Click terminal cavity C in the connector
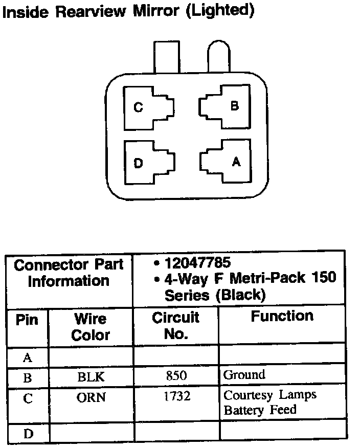click(x=149, y=108)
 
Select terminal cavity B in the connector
click(x=223, y=107)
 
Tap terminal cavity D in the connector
click(x=149, y=163)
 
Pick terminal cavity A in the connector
click(x=223, y=162)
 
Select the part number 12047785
click(x=197, y=263)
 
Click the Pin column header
click(x=27, y=321)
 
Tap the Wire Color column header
click(x=91, y=327)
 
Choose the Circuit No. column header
click(x=176, y=325)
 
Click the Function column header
click(x=282, y=316)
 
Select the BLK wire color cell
click(x=91, y=377)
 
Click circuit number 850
click(x=176, y=376)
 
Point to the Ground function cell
click(x=244, y=375)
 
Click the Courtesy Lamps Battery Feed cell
click(x=269, y=402)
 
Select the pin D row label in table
click(x=28, y=434)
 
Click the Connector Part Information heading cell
click(x=69, y=273)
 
